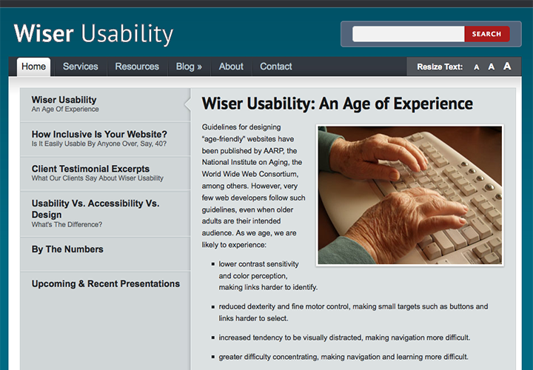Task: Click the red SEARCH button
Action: click(x=487, y=34)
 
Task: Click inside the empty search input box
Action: click(x=408, y=34)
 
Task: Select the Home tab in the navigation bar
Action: click(x=33, y=67)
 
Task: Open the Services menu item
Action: click(x=80, y=67)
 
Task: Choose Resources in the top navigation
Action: click(x=137, y=67)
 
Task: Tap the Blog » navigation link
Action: click(x=189, y=67)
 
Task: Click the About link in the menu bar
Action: click(x=231, y=67)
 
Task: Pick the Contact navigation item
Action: click(x=276, y=67)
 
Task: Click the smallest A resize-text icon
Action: click(x=477, y=67)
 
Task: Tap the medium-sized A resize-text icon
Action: click(x=492, y=67)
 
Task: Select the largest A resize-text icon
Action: click(x=507, y=66)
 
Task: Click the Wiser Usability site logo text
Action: click(x=93, y=34)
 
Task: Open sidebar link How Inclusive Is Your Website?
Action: click(x=99, y=138)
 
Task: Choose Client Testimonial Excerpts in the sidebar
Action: click(x=98, y=173)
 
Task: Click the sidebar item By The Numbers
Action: click(x=67, y=249)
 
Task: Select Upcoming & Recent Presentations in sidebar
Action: click(x=106, y=284)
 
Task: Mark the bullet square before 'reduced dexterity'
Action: click(x=213, y=307)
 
